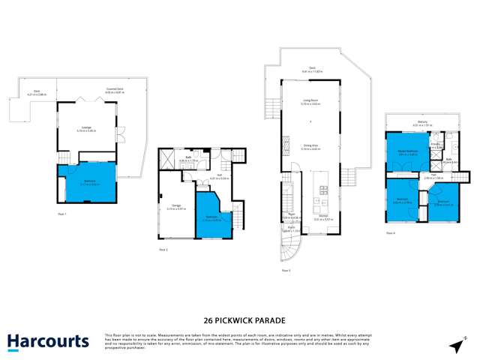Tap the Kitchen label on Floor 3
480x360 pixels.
tap(322, 218)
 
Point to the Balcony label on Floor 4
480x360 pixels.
tap(421, 123)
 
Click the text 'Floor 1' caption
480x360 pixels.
tap(62, 214)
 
